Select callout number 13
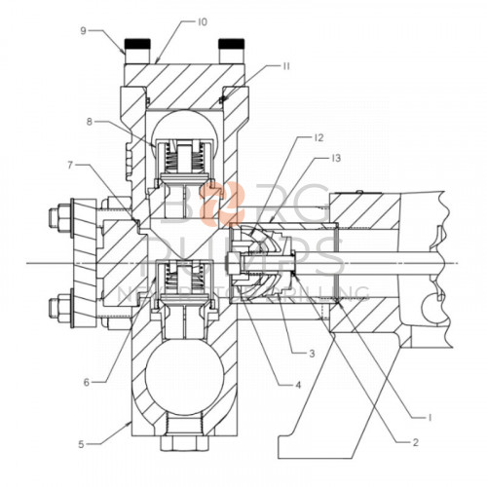point(336,158)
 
